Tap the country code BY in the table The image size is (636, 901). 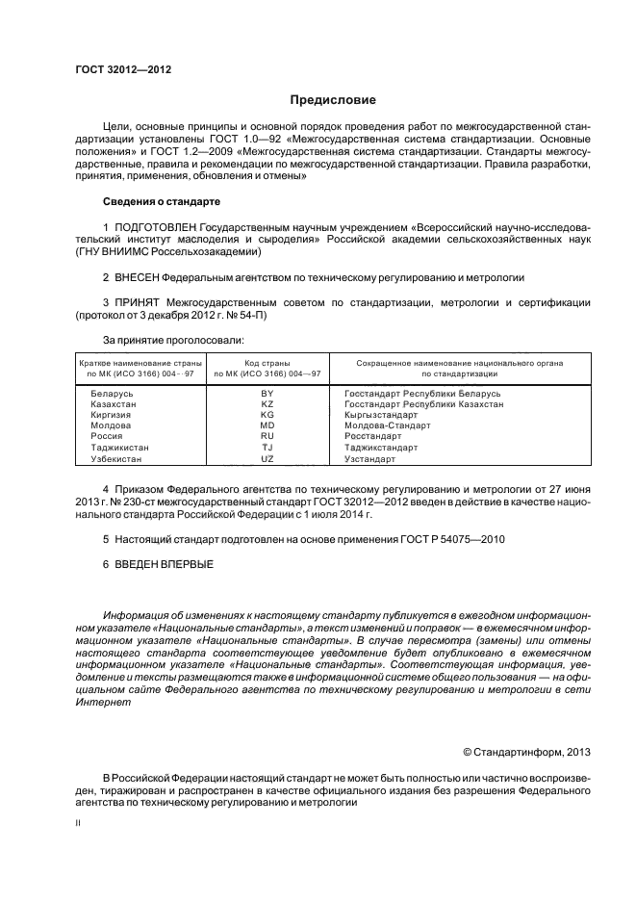pos(267,394)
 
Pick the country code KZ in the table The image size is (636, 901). pos(267,404)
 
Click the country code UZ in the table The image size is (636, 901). pos(267,458)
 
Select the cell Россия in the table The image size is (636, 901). pos(106,436)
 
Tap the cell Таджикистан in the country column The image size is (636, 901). pos(119,448)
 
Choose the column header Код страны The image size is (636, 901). pos(267,363)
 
